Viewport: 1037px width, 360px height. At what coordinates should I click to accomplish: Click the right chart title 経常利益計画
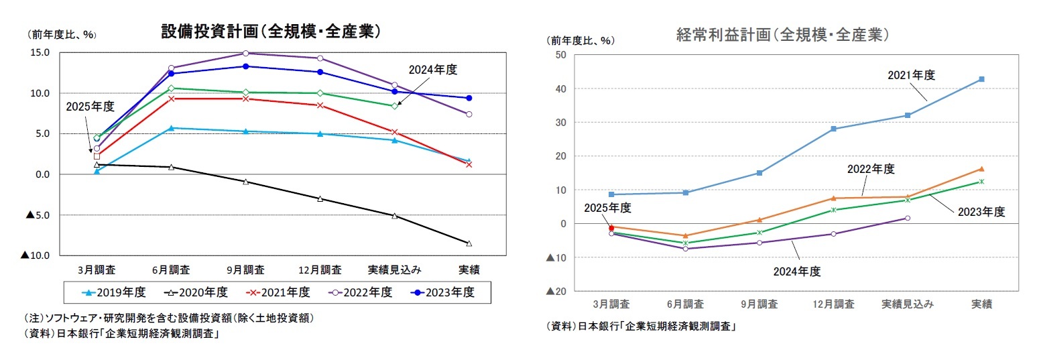pyautogui.click(x=782, y=35)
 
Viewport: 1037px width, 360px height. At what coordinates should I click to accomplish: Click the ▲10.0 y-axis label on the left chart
pyautogui.click(x=34, y=255)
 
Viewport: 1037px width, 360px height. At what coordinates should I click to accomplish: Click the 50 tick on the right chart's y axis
pyautogui.click(x=561, y=55)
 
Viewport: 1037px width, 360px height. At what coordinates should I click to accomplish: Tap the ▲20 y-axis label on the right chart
pyautogui.click(x=557, y=291)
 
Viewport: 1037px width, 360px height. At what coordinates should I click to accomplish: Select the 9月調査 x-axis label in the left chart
pyautogui.click(x=245, y=269)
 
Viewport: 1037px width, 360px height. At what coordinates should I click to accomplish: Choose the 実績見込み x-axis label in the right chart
pyautogui.click(x=907, y=304)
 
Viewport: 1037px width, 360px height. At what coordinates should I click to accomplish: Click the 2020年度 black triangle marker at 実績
pyautogui.click(x=469, y=243)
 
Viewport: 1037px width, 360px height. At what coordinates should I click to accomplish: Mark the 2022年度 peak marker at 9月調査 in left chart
pyautogui.click(x=245, y=53)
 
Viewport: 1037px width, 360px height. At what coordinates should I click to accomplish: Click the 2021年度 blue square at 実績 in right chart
pyautogui.click(x=981, y=79)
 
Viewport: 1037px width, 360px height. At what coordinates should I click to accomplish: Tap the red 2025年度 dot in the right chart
pyautogui.click(x=611, y=228)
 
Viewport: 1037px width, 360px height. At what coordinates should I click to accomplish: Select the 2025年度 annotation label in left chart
pyautogui.click(x=90, y=107)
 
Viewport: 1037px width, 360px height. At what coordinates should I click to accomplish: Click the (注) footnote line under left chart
pyautogui.click(x=169, y=318)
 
